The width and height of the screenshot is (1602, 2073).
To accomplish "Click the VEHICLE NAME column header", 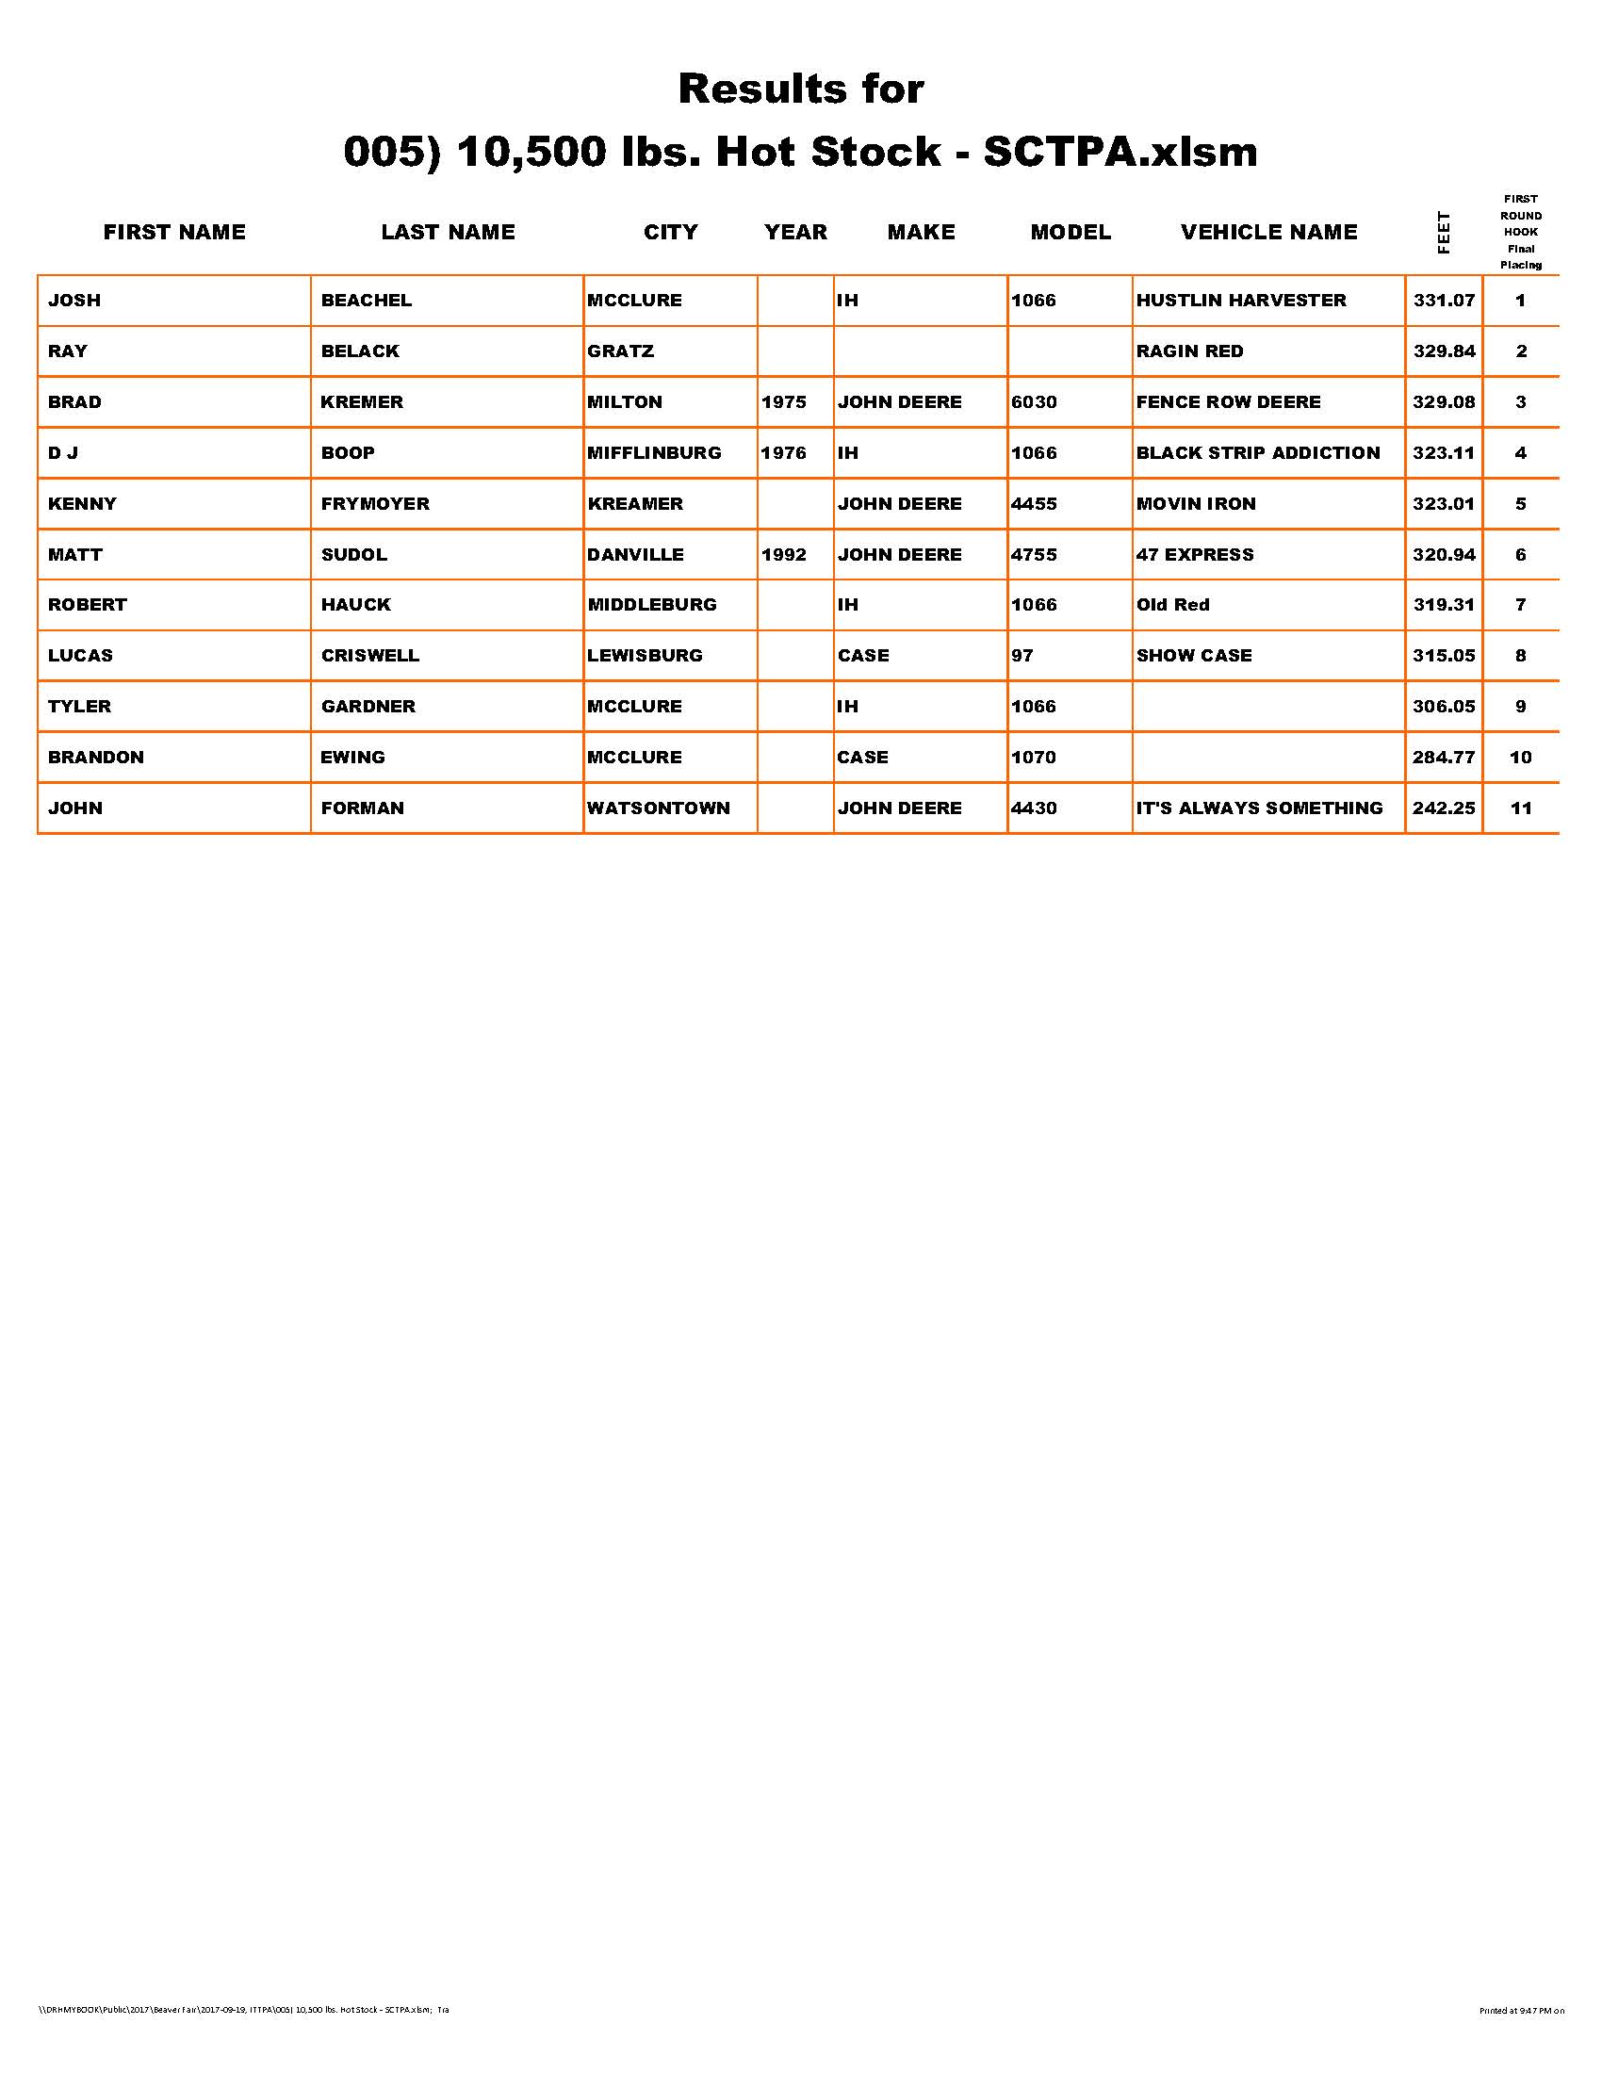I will click(x=1269, y=233).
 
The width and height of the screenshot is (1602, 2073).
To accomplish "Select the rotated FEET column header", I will click(x=1444, y=233).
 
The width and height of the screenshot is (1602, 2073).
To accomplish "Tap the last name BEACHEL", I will click(x=367, y=301).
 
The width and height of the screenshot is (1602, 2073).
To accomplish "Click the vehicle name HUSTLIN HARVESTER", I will click(x=1240, y=301).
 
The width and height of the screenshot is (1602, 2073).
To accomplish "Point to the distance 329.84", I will click(x=1444, y=351).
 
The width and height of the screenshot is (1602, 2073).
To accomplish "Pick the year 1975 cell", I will click(x=783, y=402).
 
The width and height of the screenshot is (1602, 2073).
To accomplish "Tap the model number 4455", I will click(x=1034, y=504).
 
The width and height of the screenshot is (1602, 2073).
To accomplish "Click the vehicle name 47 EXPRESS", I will click(x=1195, y=555).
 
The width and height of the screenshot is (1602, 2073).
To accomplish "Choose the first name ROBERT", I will click(x=88, y=605).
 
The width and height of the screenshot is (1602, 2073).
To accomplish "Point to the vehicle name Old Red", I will click(x=1173, y=605).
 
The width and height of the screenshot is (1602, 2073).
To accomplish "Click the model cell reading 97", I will click(x=1022, y=656).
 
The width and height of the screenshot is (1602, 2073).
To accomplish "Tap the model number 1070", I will click(x=1034, y=758).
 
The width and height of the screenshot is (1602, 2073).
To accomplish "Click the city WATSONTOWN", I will click(x=658, y=808).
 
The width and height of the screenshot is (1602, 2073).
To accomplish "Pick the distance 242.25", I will click(x=1444, y=808).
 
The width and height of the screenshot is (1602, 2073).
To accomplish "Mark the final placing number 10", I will click(x=1520, y=758).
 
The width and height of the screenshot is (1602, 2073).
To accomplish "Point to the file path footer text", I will click(x=243, y=2036).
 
